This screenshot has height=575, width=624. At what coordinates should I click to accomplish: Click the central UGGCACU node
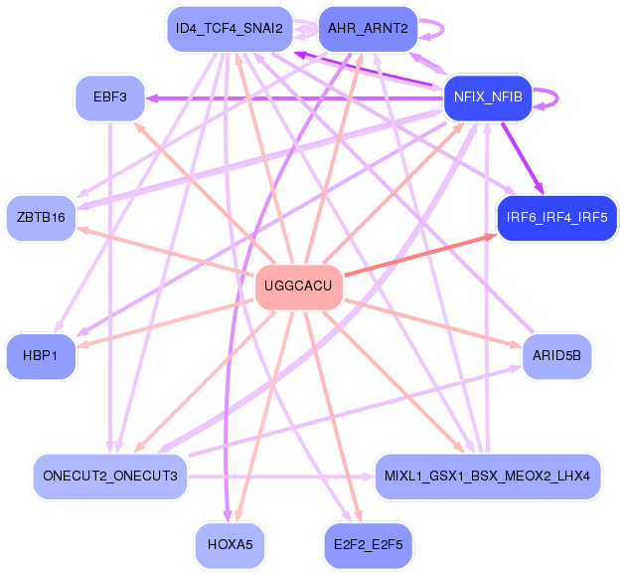click(x=299, y=287)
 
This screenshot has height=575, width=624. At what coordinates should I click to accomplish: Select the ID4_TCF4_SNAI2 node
click(x=229, y=29)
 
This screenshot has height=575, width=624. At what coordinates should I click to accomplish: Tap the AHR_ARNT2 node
click(x=368, y=29)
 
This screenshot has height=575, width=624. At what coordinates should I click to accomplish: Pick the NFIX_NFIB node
click(x=488, y=97)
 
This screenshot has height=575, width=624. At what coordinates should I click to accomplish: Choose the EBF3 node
click(x=110, y=98)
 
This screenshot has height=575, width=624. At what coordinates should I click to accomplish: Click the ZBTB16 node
click(x=42, y=218)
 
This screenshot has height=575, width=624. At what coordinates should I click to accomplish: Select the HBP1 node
click(x=42, y=356)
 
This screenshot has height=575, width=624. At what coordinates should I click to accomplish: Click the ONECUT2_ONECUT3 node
click(x=110, y=477)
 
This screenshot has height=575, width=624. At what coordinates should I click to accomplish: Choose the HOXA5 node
click(x=230, y=545)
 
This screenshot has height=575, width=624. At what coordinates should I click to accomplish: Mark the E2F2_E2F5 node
click(x=368, y=545)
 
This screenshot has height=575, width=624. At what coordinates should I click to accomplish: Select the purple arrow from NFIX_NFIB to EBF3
click(x=298, y=97)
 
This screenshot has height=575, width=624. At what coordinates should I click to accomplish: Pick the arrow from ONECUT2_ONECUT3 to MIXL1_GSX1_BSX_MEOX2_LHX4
click(x=278, y=477)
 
